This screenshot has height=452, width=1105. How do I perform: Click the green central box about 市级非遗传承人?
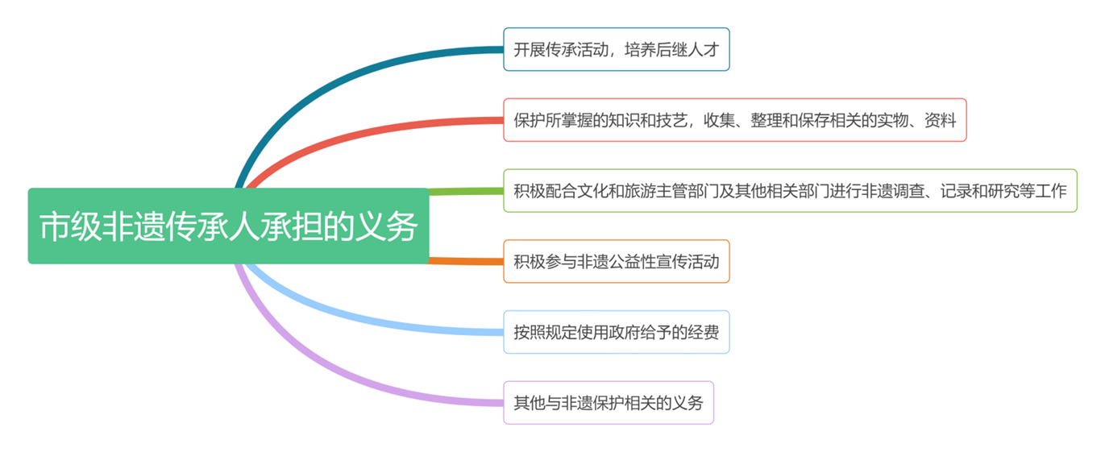pos(228,226)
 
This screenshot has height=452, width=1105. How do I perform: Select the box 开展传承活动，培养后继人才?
pos(616,49)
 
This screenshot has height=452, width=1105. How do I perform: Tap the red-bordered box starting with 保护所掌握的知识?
pos(734,120)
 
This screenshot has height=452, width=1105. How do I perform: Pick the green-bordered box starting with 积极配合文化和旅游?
pos(790,191)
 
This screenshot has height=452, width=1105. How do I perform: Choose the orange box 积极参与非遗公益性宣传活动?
pos(616,261)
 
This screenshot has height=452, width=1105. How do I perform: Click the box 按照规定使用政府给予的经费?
pos(616,332)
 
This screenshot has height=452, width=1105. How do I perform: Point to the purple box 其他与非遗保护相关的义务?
pos(609,403)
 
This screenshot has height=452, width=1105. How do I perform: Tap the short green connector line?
pos(466,191)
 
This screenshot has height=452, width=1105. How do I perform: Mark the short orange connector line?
pos(466,261)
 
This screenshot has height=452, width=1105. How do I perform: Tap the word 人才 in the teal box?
pos(704,50)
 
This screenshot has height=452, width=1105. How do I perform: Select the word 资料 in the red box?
pos(941,120)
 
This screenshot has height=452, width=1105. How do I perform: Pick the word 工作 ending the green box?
pos(1051,191)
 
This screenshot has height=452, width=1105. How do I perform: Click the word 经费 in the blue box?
pos(704,332)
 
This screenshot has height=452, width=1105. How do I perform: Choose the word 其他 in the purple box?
pos(530,403)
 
